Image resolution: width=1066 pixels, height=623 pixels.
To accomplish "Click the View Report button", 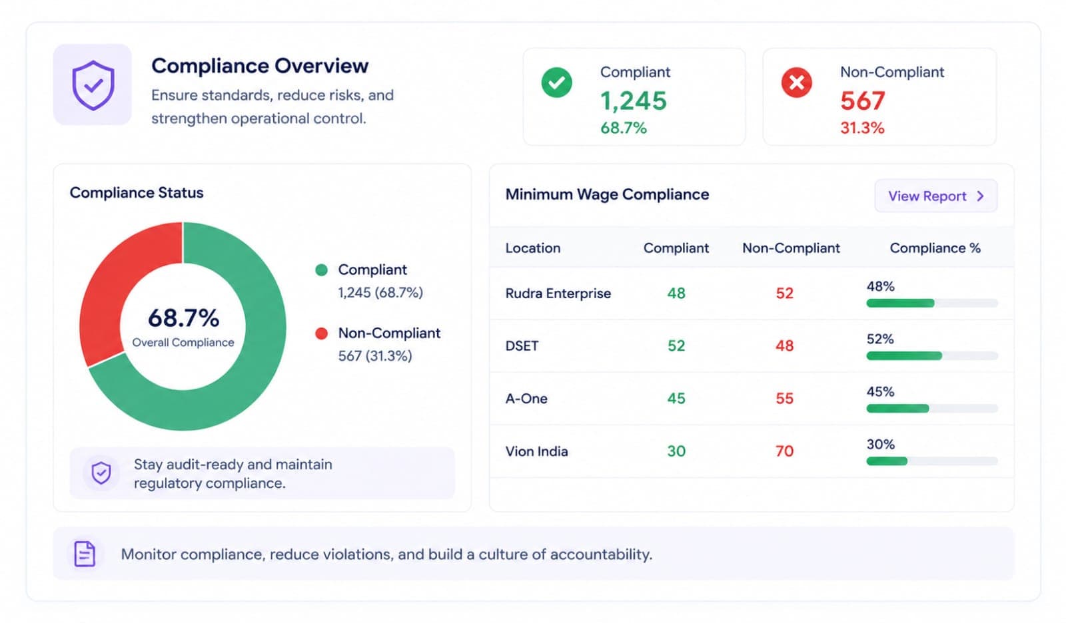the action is pyautogui.click(x=935, y=196).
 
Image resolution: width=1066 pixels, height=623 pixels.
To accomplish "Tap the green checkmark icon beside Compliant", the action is pyautogui.click(x=556, y=83).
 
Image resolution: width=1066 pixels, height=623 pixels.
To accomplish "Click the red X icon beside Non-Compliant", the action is pyautogui.click(x=796, y=83).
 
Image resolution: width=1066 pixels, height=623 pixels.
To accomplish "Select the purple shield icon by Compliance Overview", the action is pyautogui.click(x=93, y=85).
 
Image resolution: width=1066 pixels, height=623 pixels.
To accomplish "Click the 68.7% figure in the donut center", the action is pyautogui.click(x=184, y=317).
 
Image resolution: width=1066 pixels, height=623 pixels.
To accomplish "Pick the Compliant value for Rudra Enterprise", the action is pyautogui.click(x=676, y=293).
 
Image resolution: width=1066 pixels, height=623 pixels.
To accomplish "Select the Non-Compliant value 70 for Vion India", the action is pyautogui.click(x=785, y=451).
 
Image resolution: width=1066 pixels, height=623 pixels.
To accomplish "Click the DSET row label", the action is pyautogui.click(x=522, y=345).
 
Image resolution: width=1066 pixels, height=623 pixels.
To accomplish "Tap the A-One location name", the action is pyautogui.click(x=526, y=399).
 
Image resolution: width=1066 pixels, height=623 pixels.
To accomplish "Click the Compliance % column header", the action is pyautogui.click(x=935, y=248).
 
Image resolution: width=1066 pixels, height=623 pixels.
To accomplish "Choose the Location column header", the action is pyautogui.click(x=532, y=248).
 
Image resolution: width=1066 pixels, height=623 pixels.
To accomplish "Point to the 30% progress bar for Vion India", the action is pyautogui.click(x=932, y=461).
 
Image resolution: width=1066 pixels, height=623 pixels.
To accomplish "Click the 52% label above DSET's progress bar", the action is pyautogui.click(x=880, y=339).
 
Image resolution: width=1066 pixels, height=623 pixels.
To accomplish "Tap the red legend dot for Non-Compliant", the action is pyautogui.click(x=321, y=333).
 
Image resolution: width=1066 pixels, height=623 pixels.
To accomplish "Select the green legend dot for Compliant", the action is pyautogui.click(x=321, y=270).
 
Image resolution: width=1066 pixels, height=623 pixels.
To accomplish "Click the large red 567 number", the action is pyautogui.click(x=862, y=101).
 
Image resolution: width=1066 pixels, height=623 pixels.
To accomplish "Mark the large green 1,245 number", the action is pyautogui.click(x=634, y=101).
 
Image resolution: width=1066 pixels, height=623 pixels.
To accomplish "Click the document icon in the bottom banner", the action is pyautogui.click(x=85, y=554).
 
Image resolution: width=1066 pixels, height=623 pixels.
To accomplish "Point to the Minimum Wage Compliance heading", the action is pyautogui.click(x=607, y=194).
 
